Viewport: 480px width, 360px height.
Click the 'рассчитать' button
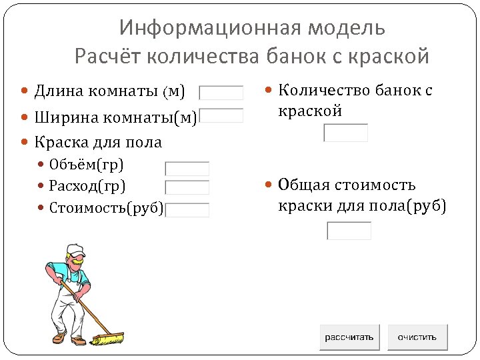pos(349,337)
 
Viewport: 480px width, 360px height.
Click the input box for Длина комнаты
pos(222,93)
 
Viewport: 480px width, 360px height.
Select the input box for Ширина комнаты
pos(222,115)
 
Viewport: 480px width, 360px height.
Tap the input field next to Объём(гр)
pos(187,169)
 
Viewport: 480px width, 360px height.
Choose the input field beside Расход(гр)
pos(187,187)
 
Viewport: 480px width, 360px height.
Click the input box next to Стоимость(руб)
pos(187,210)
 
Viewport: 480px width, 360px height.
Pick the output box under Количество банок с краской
pos(345,133)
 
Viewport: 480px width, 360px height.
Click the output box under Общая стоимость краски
pos(349,231)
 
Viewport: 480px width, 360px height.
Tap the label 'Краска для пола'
pos(98,142)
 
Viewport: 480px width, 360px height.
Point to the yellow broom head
pos(107,338)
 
